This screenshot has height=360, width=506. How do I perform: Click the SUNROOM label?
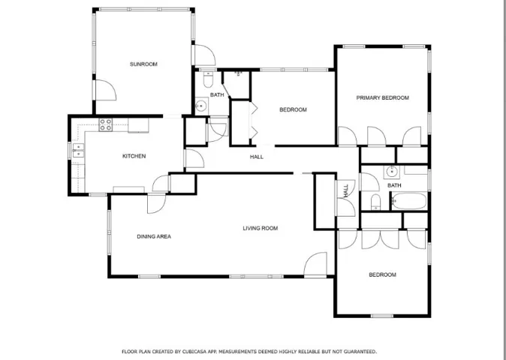(143, 64)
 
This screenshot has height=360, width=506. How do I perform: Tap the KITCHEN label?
(134, 156)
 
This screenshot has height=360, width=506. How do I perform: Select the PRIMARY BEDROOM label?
(382, 97)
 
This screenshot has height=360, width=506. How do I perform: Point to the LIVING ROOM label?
(260, 229)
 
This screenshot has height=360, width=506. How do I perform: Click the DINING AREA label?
(154, 236)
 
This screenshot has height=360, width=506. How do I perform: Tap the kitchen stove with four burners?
(106, 124)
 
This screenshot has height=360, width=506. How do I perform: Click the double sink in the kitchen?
(78, 151)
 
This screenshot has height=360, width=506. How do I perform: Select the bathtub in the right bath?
(409, 201)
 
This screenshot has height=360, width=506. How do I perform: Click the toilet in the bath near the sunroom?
(208, 79)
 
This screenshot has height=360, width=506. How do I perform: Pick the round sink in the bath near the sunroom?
(202, 106)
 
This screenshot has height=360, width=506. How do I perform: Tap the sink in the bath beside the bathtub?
(392, 172)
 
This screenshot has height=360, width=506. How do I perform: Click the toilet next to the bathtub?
(375, 202)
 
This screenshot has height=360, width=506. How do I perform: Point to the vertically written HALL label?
(346, 190)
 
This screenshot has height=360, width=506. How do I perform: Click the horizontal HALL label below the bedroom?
(257, 157)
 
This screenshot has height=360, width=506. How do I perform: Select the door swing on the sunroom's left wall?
(106, 90)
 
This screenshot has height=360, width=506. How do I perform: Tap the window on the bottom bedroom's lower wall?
(382, 316)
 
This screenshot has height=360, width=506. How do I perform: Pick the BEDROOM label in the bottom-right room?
(382, 275)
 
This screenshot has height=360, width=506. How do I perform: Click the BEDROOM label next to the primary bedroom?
(293, 110)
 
